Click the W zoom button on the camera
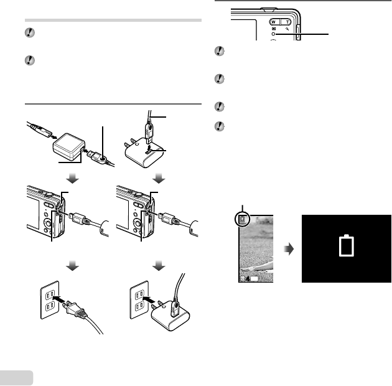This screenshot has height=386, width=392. pyautogui.click(x=272, y=19)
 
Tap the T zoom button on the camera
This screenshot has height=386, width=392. pyautogui.click(x=287, y=19)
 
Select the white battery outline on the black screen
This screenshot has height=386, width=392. pyautogui.click(x=347, y=247)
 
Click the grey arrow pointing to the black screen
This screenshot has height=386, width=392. pyautogui.click(x=288, y=249)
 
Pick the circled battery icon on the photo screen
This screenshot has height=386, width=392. pyautogui.click(x=242, y=220)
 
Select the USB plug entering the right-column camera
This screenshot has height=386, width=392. pyautogui.click(x=166, y=219)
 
